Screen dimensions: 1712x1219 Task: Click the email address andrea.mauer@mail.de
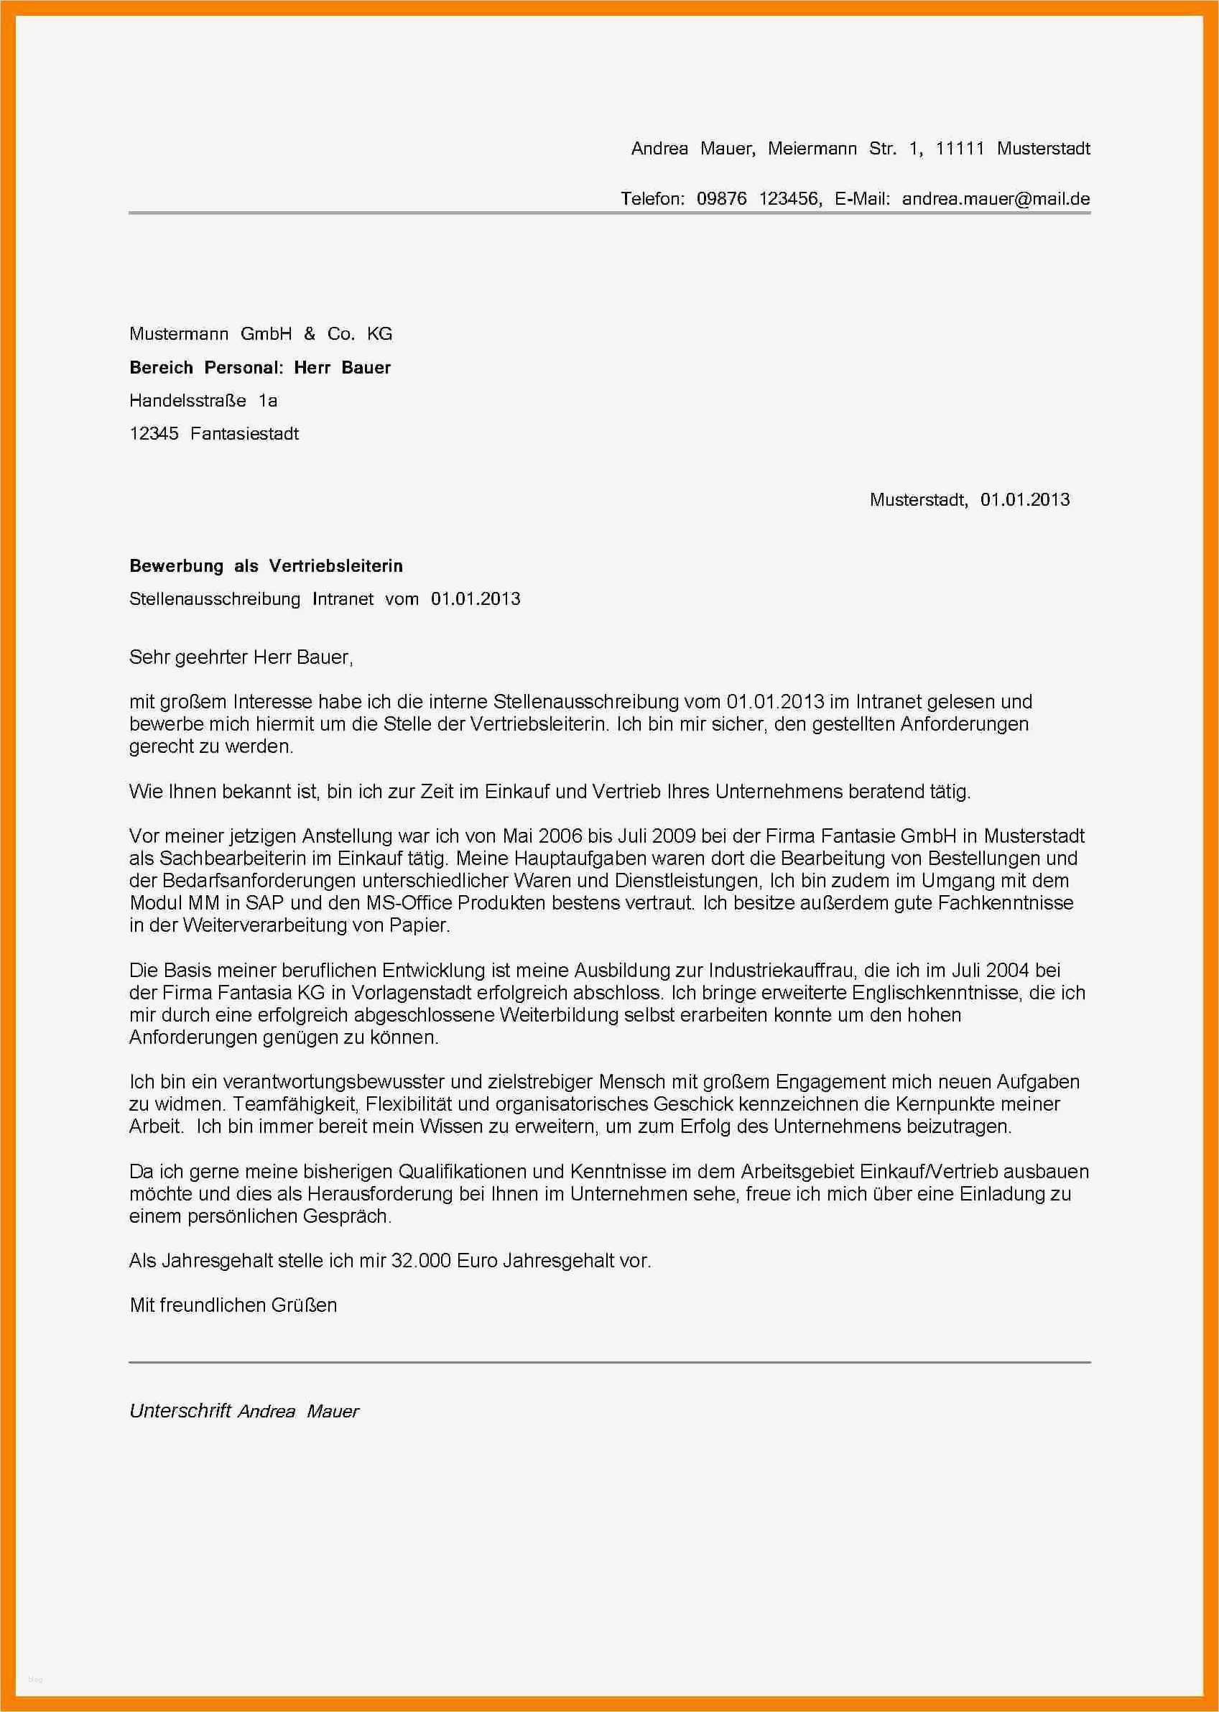pyautogui.click(x=996, y=199)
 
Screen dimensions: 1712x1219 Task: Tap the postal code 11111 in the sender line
pyautogui.click(x=959, y=149)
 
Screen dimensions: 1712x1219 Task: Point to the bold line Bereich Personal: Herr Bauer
pyautogui.click(x=260, y=367)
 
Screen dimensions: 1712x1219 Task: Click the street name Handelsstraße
pyautogui.click(x=187, y=400)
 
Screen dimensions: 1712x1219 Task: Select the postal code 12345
pyautogui.click(x=154, y=433)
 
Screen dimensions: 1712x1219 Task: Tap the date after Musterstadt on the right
pyautogui.click(x=1024, y=499)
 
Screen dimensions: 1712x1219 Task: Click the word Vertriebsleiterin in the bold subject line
pyautogui.click(x=335, y=566)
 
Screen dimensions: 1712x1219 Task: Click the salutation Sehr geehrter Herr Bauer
pyautogui.click(x=240, y=657)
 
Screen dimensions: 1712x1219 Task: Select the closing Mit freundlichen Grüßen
pyautogui.click(x=233, y=1305)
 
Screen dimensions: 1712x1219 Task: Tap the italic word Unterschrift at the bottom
pyautogui.click(x=180, y=1411)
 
